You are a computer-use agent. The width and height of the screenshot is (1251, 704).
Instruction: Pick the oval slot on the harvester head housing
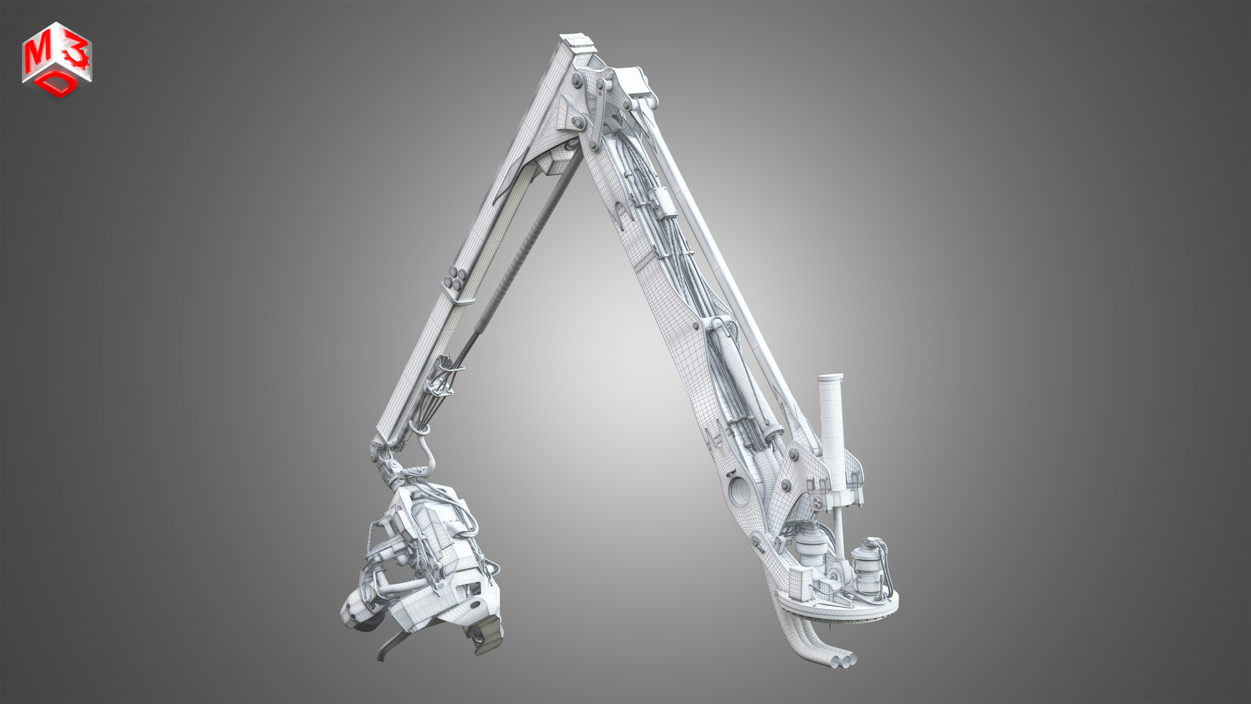(x=473, y=605)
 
